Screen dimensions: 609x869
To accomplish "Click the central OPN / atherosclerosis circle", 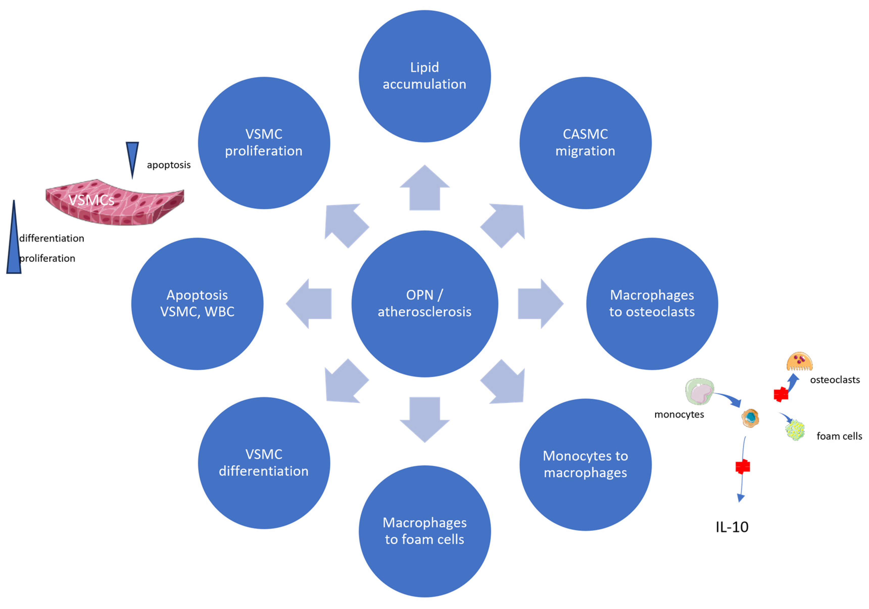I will click(x=424, y=304).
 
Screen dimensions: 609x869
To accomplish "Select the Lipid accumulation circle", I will click(x=424, y=76).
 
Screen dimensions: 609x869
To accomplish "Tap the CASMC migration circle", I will click(x=585, y=143).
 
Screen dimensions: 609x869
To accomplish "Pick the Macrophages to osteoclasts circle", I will click(x=652, y=304).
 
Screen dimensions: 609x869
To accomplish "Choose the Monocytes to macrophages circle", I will click(x=585, y=464).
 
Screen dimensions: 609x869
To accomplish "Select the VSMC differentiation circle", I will click(x=264, y=463).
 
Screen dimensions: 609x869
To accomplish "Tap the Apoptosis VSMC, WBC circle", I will click(x=197, y=304).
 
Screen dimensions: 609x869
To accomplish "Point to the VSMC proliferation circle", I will click(x=264, y=143).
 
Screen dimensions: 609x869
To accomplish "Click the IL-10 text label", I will click(x=732, y=527).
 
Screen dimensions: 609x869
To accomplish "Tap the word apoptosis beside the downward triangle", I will click(x=168, y=165).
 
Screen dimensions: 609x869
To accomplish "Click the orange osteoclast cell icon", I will click(x=799, y=362).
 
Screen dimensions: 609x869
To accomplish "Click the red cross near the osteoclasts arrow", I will click(x=781, y=395).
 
